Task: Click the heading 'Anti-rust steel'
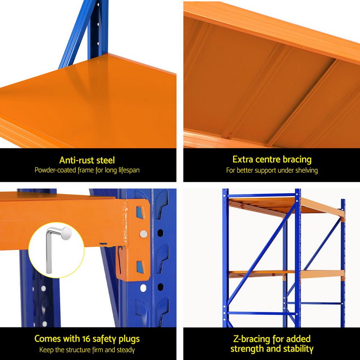87,160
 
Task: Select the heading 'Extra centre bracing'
272,159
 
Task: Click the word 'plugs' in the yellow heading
127,339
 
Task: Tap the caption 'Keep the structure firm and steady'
87,350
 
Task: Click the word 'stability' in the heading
295,349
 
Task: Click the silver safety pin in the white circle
58,245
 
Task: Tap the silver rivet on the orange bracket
143,234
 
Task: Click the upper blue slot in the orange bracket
140,213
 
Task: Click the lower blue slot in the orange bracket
140,267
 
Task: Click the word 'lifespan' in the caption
129,170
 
